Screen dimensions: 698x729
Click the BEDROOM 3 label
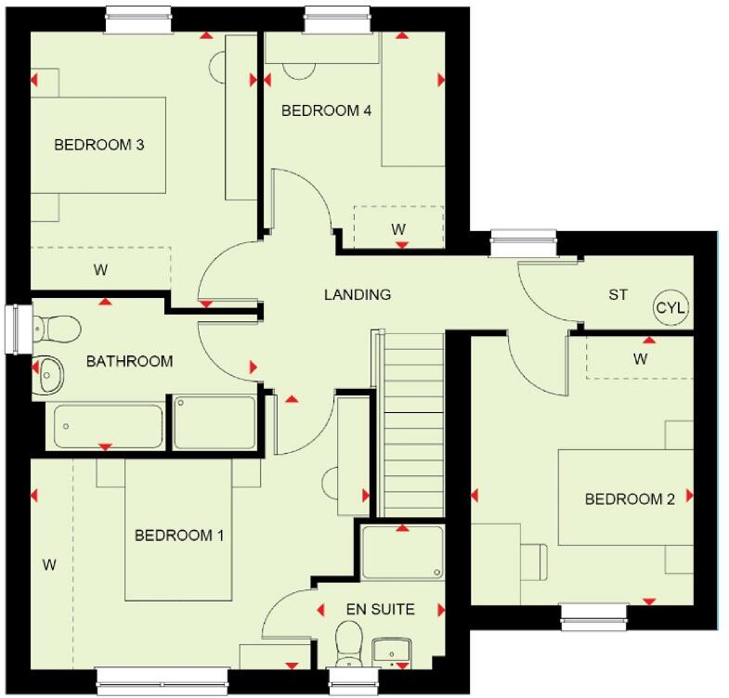[x=98, y=145]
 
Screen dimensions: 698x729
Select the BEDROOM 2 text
[x=629, y=499]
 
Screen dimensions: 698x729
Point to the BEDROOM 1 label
[x=179, y=536]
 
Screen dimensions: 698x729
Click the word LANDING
[x=357, y=294]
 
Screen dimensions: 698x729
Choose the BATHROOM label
[x=129, y=361]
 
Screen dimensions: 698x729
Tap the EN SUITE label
[x=380, y=610]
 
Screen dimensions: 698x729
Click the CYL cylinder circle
[x=671, y=308]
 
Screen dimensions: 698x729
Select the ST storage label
[x=618, y=295]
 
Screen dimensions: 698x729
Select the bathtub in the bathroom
[x=108, y=426]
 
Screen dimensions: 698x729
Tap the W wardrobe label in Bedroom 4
[x=397, y=228]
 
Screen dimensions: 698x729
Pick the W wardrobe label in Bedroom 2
[x=640, y=358]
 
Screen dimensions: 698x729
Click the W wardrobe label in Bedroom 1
[x=48, y=563]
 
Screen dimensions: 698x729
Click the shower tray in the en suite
[x=401, y=554]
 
